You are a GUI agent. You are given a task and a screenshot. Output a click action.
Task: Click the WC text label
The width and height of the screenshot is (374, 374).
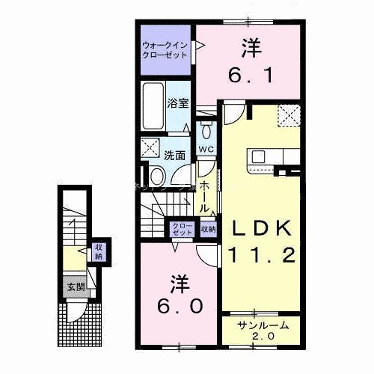coord(206,149)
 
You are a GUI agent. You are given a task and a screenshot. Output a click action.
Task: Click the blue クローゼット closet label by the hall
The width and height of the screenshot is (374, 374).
coord(183,230)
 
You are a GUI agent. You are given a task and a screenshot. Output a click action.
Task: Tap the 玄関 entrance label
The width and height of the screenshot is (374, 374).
coord(73,287)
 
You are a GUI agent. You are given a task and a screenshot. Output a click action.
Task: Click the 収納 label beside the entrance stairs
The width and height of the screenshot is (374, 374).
coord(98,251)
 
